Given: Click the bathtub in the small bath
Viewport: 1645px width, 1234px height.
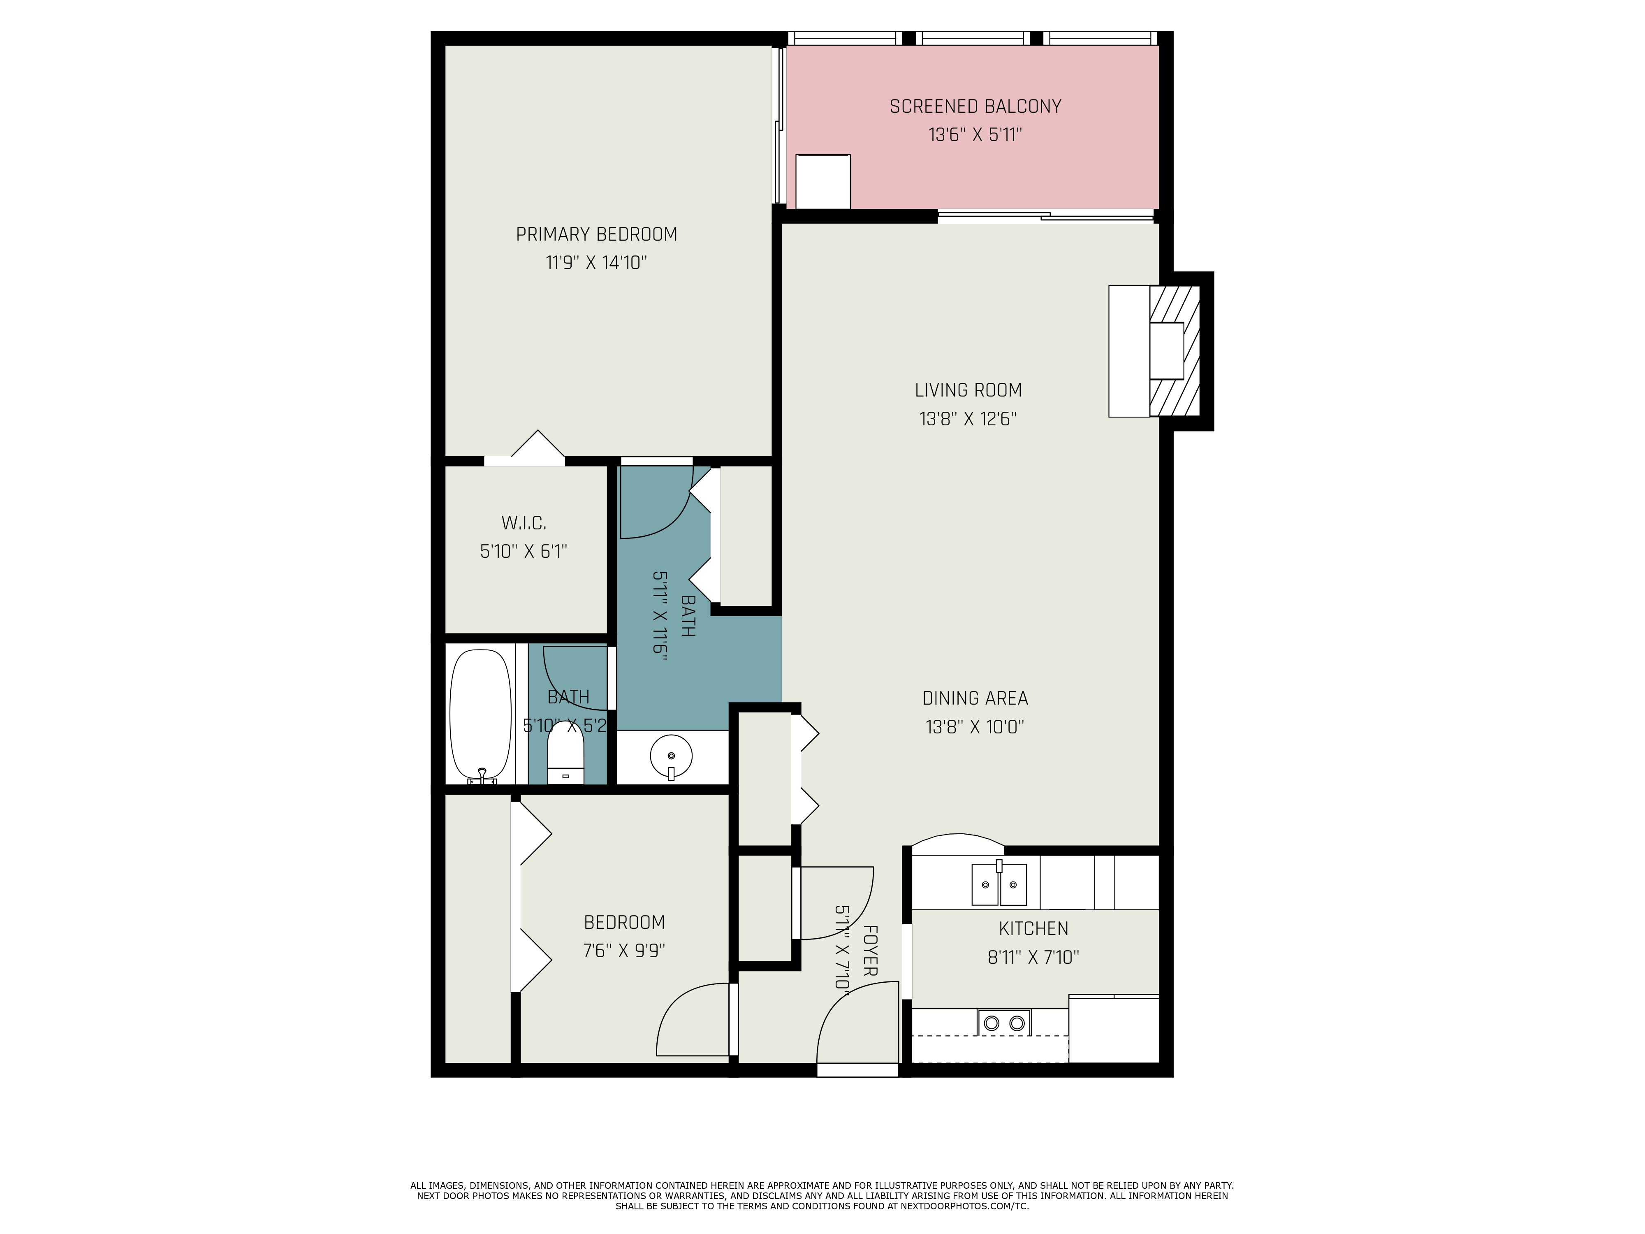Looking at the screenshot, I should (x=480, y=714).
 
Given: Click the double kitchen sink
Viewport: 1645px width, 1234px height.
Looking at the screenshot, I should (x=999, y=884).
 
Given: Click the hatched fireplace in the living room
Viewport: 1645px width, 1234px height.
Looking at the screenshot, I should (x=1174, y=351).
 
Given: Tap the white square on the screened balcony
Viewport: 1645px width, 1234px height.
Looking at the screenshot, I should (x=822, y=182).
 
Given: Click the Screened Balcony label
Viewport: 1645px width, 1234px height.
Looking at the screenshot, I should (x=975, y=107).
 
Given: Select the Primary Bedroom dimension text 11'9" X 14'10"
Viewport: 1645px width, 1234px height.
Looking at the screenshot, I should (x=596, y=262).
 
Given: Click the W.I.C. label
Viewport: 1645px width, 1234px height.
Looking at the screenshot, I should (x=524, y=523).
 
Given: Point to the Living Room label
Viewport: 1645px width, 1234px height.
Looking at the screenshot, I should (x=968, y=390).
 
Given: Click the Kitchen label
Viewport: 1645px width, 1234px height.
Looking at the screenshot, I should (x=1033, y=928).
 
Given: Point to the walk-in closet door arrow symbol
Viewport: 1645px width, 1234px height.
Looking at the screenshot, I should (x=537, y=445).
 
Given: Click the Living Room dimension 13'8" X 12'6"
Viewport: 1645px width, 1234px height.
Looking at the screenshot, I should (x=968, y=419).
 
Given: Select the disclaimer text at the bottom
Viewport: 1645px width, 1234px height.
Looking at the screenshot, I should (x=822, y=1196).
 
